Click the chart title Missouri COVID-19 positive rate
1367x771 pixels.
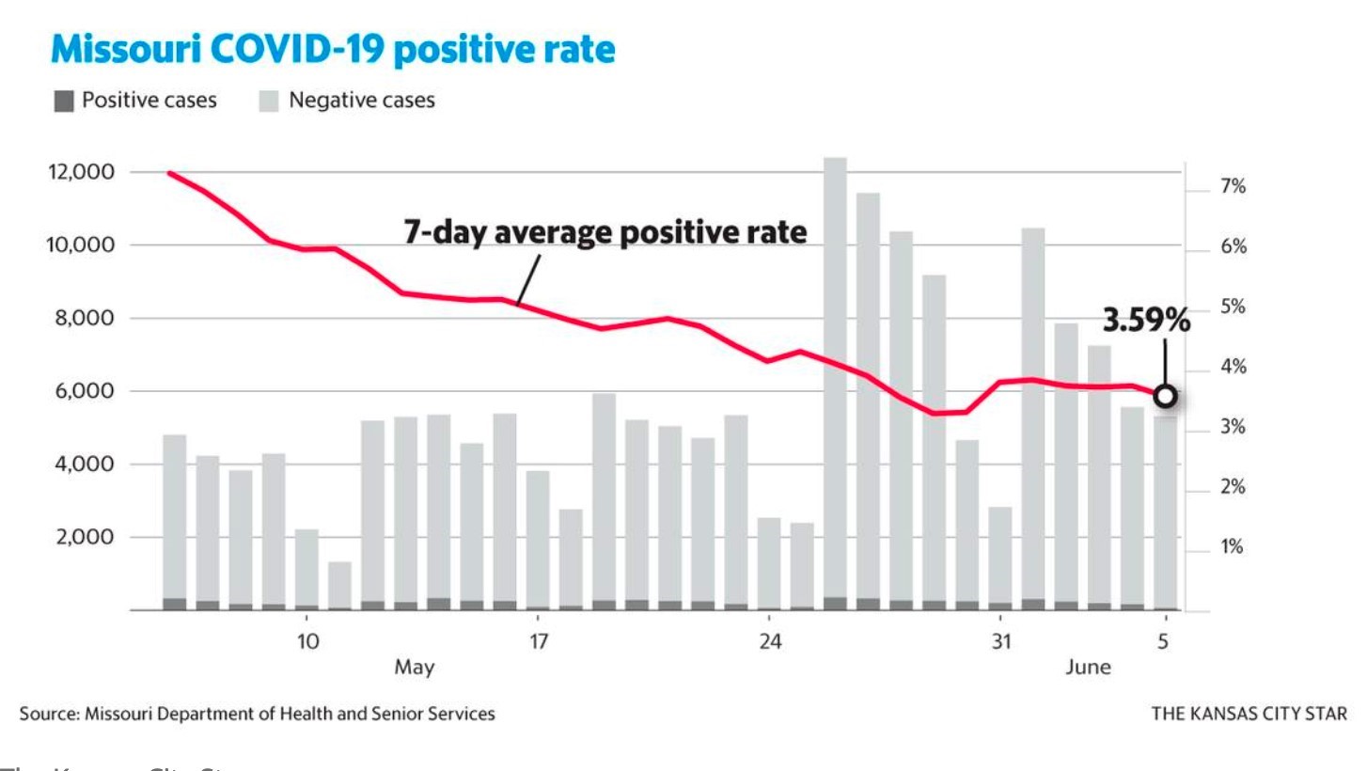click(x=333, y=50)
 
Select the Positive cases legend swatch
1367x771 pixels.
click(x=64, y=101)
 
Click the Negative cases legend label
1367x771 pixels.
click(x=361, y=101)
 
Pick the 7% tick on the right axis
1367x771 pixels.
click(x=1233, y=187)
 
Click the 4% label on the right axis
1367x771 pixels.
click(x=1233, y=367)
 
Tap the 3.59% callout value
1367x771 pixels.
click(x=1146, y=321)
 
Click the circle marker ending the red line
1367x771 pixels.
click(x=1165, y=396)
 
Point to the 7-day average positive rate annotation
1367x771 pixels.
click(x=605, y=231)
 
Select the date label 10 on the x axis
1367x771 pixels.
click(x=307, y=642)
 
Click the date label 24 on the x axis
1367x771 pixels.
click(x=770, y=642)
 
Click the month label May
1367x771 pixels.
click(x=415, y=668)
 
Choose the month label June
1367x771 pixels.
click(x=1088, y=668)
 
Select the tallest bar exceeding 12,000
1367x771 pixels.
click(x=835, y=376)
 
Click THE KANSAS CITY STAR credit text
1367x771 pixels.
click(x=1249, y=714)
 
